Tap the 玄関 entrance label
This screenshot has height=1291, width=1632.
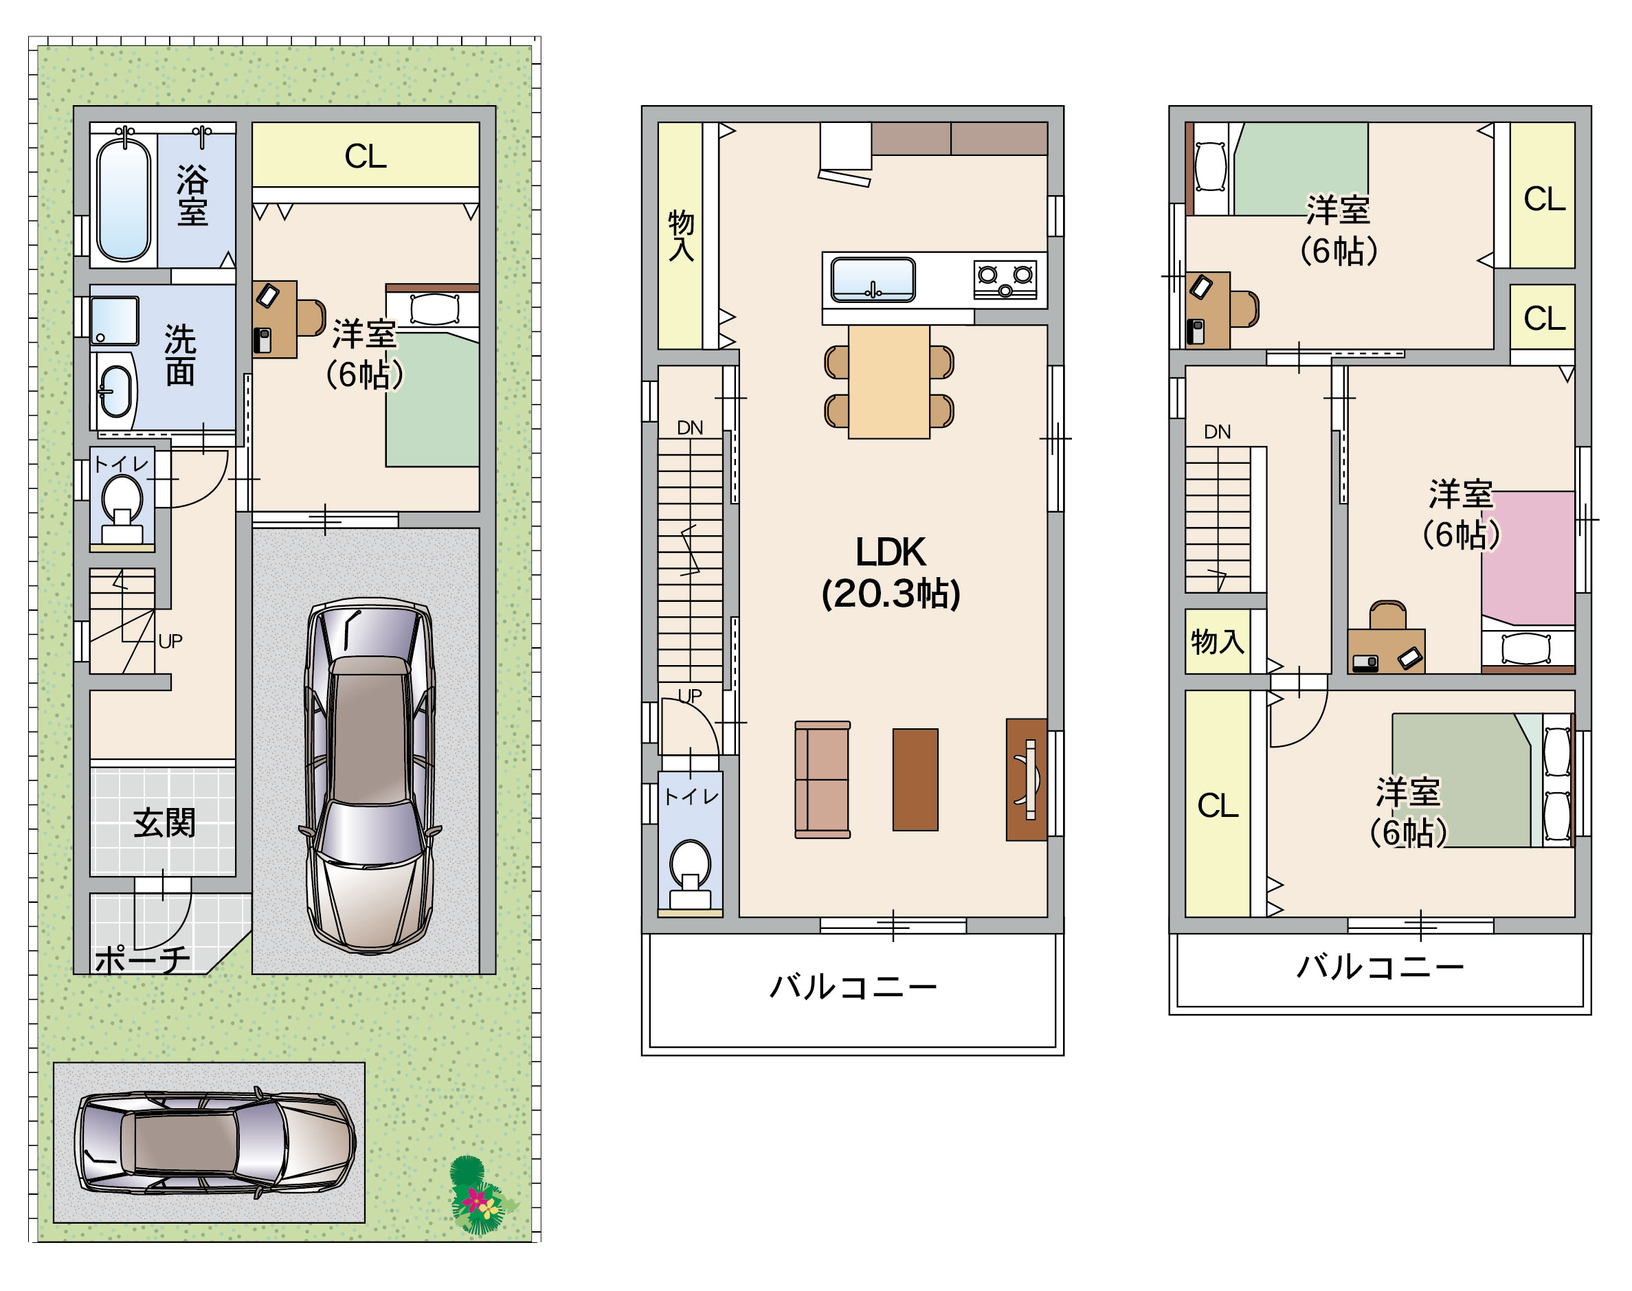[164, 823]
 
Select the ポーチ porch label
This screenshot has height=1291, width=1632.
[142, 959]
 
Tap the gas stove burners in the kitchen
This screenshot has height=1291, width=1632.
[1005, 279]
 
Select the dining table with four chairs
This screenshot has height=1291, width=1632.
[889, 383]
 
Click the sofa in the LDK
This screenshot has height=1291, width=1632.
[823, 779]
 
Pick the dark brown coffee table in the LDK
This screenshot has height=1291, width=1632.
[915, 779]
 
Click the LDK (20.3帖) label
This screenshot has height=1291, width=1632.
[891, 573]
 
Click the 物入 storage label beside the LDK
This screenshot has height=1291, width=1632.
[681, 235]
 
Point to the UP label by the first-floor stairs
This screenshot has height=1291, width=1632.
[170, 641]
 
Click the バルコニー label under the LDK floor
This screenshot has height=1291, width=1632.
[853, 987]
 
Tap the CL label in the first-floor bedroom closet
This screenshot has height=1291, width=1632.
[365, 157]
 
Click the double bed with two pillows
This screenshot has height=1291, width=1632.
[1482, 780]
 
